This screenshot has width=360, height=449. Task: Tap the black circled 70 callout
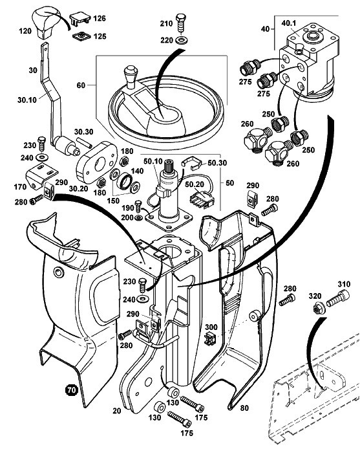[x=72, y=389]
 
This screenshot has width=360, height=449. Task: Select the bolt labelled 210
[x=181, y=23]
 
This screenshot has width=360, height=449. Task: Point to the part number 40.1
[x=289, y=23]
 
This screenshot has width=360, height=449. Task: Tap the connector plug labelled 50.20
[x=202, y=197]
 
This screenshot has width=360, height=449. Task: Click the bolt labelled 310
[x=339, y=298]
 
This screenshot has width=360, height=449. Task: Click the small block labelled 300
[x=210, y=339]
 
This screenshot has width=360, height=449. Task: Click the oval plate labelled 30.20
[x=97, y=162]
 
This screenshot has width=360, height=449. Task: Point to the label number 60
[x=81, y=85]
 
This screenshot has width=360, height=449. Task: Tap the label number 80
[x=244, y=408]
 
